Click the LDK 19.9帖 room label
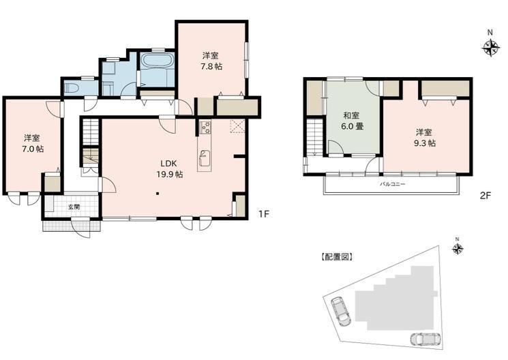coord(169,168)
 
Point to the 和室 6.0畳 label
coord(352,121)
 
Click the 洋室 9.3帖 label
coord(424,138)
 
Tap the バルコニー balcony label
coord(393,184)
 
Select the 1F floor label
coord(264,214)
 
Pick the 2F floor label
coord(485,196)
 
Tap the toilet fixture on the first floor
coord(71,88)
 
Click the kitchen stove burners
coord(205,127)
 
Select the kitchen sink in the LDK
coord(205,157)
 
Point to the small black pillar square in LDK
coord(157,194)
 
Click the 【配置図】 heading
coord(337,257)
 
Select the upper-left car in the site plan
coord(341,312)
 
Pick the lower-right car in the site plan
coord(425,340)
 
